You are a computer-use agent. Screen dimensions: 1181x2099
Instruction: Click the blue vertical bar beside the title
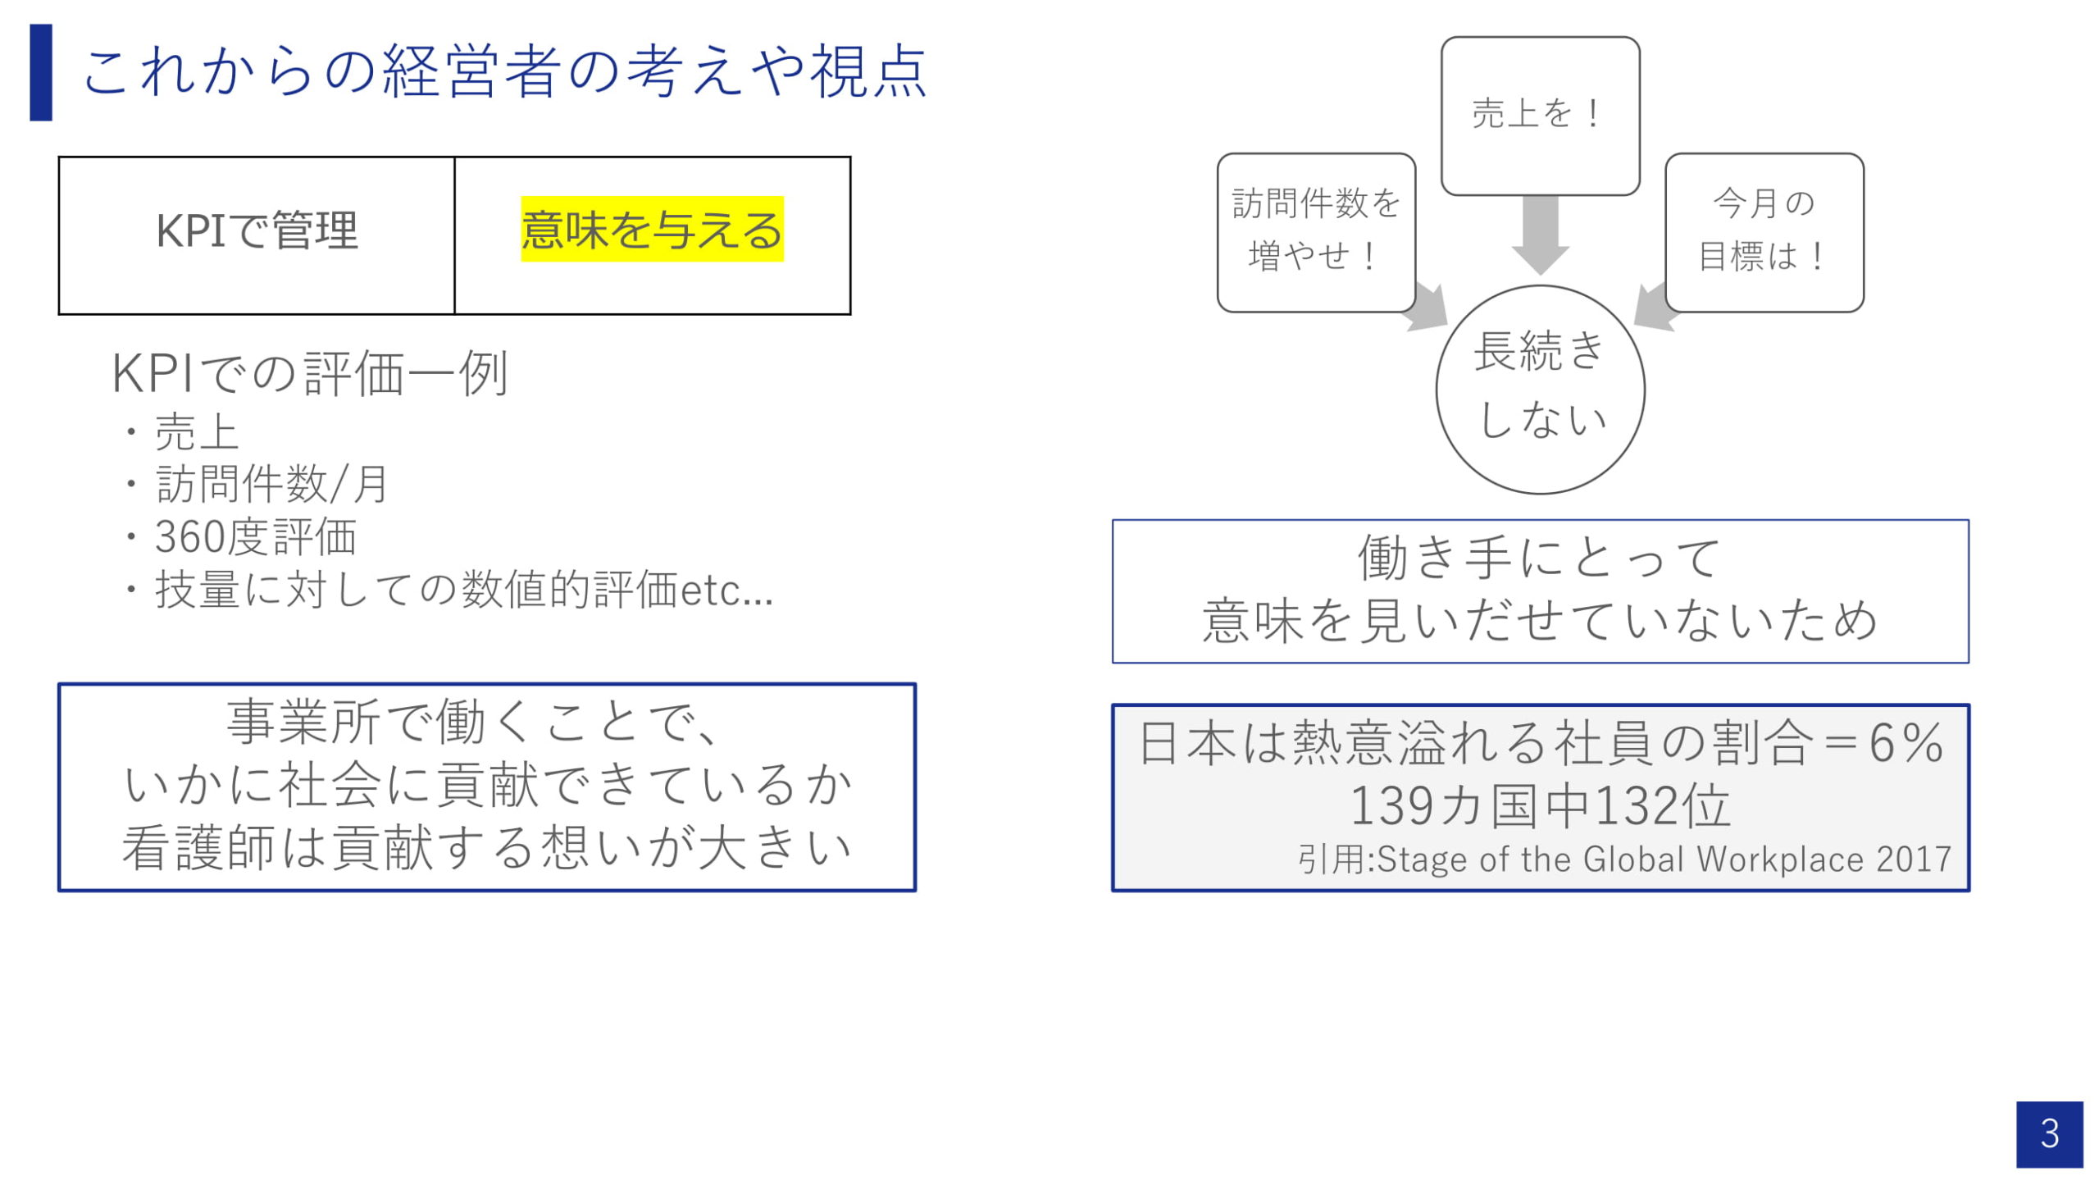click(x=41, y=72)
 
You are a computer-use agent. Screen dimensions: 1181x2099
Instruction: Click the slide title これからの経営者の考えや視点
click(x=503, y=72)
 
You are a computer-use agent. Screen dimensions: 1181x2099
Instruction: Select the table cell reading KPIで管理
click(x=257, y=231)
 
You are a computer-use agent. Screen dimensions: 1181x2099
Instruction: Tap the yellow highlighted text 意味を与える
click(x=652, y=230)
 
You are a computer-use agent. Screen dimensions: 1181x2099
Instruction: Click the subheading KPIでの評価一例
click(x=310, y=374)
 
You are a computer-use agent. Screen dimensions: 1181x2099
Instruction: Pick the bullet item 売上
click(x=197, y=432)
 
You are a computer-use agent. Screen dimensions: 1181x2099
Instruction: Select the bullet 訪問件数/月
click(x=271, y=484)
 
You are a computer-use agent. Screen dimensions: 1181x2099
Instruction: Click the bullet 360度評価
click(x=255, y=537)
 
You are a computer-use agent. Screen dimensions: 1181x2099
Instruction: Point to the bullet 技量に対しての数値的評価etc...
click(x=463, y=590)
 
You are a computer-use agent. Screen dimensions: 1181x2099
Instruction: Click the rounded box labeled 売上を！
click(x=1540, y=115)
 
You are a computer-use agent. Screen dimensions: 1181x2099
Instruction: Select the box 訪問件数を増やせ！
click(x=1316, y=231)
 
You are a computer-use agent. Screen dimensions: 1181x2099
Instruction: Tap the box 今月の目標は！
click(x=1764, y=231)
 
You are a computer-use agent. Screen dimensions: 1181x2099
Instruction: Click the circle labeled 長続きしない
click(x=1540, y=389)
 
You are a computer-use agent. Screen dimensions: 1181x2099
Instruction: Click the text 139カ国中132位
click(x=1540, y=805)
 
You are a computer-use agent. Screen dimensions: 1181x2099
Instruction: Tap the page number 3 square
click(x=2049, y=1134)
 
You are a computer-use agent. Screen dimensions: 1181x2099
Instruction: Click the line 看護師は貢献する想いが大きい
click(x=487, y=848)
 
